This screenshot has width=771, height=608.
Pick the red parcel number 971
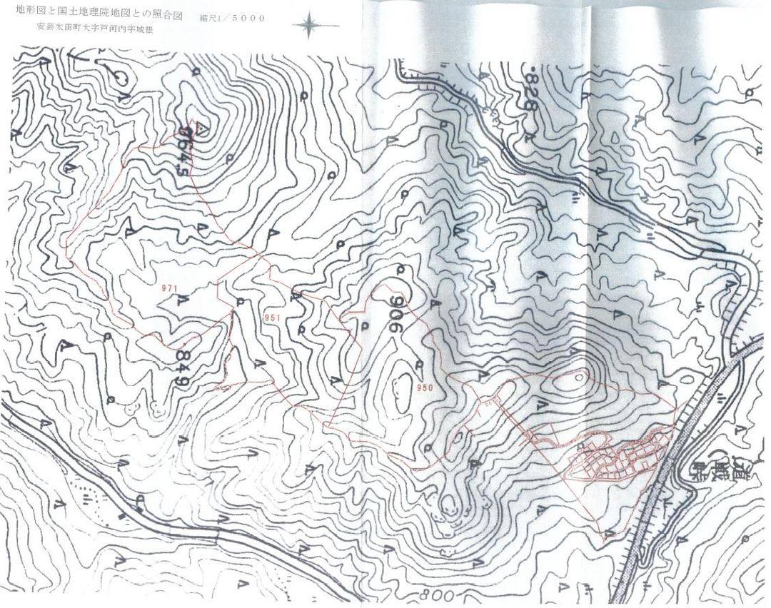click(169, 288)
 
